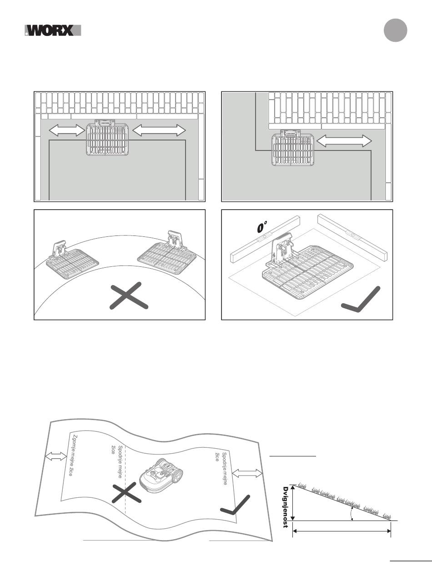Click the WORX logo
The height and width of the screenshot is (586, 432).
[53, 30]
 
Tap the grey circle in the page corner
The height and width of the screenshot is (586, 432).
[395, 31]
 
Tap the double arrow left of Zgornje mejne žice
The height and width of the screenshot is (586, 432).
[55, 456]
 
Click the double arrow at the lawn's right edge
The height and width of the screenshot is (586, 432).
[248, 474]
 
